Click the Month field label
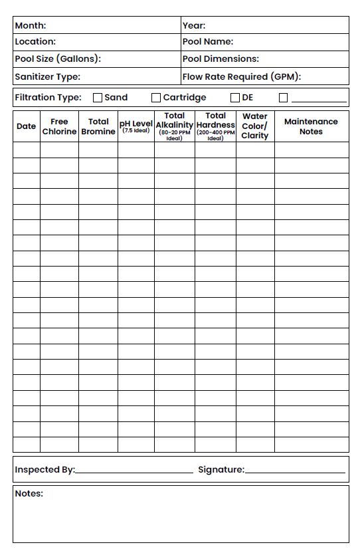pos(31,25)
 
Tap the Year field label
pos(194,25)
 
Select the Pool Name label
pos(208,41)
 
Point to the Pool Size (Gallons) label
pos(58,58)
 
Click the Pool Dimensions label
pos(221,58)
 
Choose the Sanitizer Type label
pos(47,76)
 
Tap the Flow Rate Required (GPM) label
pos(242,76)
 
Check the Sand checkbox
pos(98,98)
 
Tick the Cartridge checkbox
pos(156,98)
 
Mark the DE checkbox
pos(235,98)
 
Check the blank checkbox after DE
pos(284,98)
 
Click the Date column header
pos(26,126)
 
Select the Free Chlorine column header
pos(59,126)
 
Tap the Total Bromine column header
pos(98,126)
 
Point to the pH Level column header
pos(136,126)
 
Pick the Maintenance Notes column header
pos(311,126)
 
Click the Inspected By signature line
pos(134,471)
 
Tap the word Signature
pos(221,469)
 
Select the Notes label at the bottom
pos(29,493)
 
